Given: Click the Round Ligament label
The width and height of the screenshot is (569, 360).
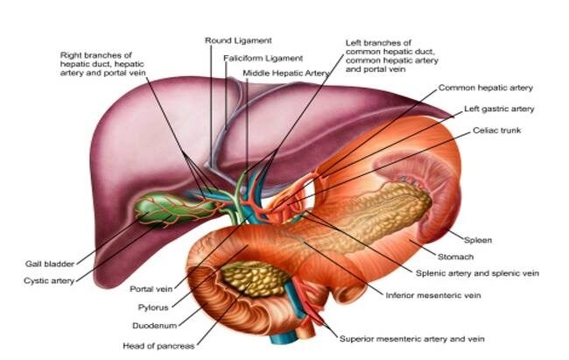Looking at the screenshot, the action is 238,40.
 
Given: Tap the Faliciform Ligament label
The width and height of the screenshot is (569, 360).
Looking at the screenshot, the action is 263,58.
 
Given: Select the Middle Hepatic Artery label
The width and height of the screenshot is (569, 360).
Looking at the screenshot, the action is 286,73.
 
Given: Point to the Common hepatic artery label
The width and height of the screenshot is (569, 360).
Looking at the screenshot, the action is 486,88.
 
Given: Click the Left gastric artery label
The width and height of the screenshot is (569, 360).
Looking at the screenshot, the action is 499,109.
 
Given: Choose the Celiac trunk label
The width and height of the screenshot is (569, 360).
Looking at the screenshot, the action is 496,130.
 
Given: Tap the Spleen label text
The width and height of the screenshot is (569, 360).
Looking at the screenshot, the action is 478,240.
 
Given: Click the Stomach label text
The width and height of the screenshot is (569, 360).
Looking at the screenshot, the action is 455,257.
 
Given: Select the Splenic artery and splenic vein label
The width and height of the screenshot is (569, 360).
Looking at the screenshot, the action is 477,273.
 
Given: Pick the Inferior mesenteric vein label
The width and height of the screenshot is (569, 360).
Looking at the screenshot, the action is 433,295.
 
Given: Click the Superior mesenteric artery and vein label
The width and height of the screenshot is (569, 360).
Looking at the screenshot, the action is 412,339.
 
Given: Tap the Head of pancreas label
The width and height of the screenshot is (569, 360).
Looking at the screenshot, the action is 158,346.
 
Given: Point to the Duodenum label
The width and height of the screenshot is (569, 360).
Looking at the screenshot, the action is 155,326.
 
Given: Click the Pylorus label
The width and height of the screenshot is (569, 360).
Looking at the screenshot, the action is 153,307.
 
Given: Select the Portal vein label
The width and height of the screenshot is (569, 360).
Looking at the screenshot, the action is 151,289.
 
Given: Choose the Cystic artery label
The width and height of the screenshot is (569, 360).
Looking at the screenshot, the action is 49,281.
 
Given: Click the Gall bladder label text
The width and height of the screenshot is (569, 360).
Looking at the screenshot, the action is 50,264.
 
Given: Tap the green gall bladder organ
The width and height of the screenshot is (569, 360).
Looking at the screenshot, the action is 174,210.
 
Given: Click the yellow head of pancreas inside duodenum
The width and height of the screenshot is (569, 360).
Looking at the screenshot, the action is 254,279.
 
